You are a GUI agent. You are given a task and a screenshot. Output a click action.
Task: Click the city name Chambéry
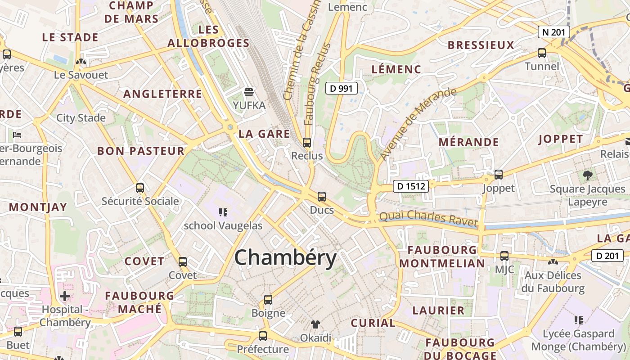(285, 258)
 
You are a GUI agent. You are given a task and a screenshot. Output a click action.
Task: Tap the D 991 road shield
(341, 89)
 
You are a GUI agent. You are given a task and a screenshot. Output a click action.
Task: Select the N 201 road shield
(554, 32)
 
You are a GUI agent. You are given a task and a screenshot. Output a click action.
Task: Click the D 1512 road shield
(410, 186)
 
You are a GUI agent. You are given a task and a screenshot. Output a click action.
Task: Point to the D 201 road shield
(607, 256)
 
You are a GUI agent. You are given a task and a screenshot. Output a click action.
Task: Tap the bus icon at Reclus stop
(307, 143)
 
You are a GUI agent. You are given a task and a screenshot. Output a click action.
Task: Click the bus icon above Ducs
(322, 197)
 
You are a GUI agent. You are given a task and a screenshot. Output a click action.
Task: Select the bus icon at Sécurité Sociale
(140, 188)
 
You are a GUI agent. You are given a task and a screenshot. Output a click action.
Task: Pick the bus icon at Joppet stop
(498, 175)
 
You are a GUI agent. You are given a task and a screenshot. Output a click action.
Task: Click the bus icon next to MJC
(504, 256)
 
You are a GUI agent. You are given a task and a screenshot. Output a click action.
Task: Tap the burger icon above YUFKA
(249, 92)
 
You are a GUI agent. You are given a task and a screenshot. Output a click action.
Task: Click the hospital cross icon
(65, 296)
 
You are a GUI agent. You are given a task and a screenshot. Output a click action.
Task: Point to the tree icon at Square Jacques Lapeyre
(587, 175)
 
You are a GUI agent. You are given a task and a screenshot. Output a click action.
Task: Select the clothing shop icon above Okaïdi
(315, 324)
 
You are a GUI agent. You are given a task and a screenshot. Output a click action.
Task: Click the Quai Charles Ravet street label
(428, 218)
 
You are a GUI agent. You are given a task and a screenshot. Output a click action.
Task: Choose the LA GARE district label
(264, 134)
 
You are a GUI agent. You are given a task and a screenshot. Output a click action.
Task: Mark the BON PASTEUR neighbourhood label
(141, 151)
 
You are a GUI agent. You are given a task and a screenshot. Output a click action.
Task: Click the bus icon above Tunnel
(542, 53)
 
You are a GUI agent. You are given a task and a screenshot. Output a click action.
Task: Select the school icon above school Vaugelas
(223, 212)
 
